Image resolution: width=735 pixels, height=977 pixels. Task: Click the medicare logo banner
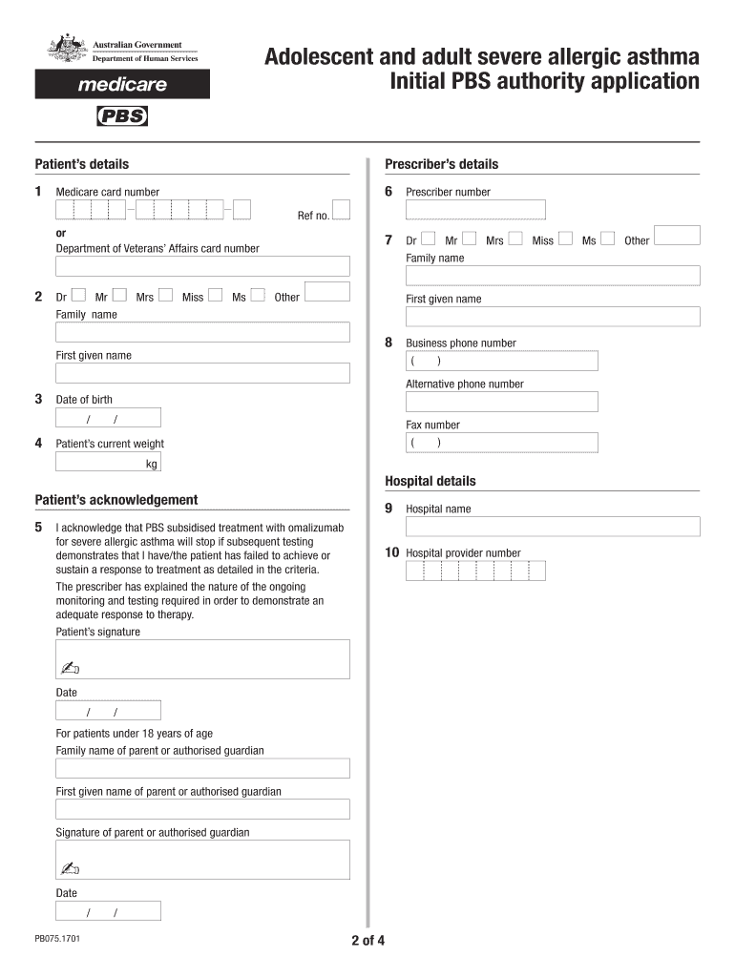121,84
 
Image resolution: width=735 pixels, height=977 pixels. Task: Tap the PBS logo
122,117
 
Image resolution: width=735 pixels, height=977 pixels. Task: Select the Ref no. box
341,210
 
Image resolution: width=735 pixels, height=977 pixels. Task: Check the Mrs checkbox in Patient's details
166,296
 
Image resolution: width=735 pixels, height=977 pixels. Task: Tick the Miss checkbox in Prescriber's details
565,239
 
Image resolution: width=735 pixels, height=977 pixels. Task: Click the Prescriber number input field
475,210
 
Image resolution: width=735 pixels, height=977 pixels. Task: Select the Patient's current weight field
108,463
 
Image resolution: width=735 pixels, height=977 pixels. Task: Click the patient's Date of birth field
108,418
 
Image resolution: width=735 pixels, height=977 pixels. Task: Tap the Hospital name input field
553,527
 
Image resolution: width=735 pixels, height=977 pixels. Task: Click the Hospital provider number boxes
475,571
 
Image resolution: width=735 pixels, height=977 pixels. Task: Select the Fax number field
501,443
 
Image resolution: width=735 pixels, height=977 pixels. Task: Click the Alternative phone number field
501,402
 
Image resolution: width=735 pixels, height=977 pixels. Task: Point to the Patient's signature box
202,658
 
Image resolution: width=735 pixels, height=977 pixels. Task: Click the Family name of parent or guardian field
202,768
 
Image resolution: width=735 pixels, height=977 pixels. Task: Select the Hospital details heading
430,482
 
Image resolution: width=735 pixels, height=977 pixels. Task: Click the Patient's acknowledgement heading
116,500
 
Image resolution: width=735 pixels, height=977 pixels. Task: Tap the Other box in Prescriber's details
679,238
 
